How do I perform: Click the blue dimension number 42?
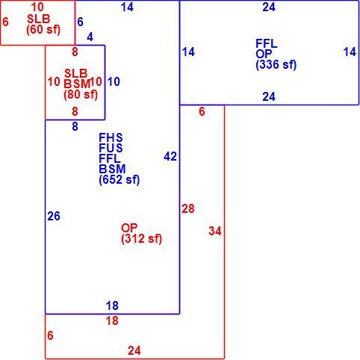click(x=170, y=157)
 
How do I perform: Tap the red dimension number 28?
click(x=188, y=208)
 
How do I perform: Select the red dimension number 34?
click(x=215, y=231)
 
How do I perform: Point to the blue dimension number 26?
click(x=54, y=216)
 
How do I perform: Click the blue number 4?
click(x=90, y=37)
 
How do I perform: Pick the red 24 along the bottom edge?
click(x=134, y=351)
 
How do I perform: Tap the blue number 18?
click(x=112, y=305)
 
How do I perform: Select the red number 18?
click(x=112, y=320)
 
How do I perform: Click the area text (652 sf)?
click(x=120, y=180)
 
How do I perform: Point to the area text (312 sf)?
click(x=141, y=239)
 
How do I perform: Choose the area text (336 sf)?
click(x=276, y=65)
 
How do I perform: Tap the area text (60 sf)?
click(x=43, y=30)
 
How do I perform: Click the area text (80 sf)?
click(x=81, y=95)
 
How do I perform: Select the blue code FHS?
click(x=111, y=137)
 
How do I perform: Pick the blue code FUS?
click(x=111, y=148)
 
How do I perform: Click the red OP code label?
click(x=129, y=228)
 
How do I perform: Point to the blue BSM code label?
click(x=112, y=169)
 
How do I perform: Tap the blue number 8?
click(x=75, y=127)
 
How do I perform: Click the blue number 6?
click(x=80, y=22)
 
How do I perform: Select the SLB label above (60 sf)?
click(x=39, y=19)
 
